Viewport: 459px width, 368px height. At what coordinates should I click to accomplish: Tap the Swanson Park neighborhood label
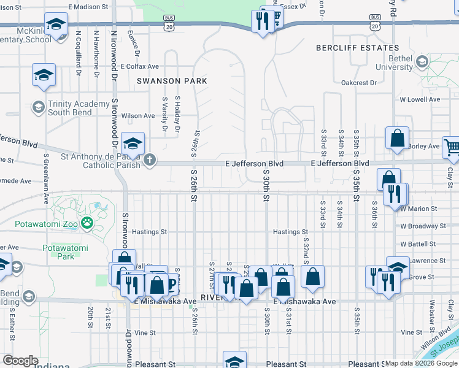tap(172, 81)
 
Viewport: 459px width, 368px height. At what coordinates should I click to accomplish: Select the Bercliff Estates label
tap(357, 48)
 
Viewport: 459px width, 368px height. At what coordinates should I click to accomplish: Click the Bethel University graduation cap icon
tap(422, 62)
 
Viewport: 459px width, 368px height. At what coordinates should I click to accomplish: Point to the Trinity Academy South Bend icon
tap(38, 108)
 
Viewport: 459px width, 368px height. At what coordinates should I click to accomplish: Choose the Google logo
tap(20, 361)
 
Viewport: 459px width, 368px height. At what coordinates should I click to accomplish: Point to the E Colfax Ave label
tap(140, 66)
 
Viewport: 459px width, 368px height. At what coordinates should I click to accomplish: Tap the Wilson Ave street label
tap(138, 115)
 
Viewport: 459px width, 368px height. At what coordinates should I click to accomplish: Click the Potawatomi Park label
tap(66, 251)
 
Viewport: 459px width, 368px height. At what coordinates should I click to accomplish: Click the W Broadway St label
tap(423, 226)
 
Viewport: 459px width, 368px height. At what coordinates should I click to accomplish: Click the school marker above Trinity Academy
tap(44, 74)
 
